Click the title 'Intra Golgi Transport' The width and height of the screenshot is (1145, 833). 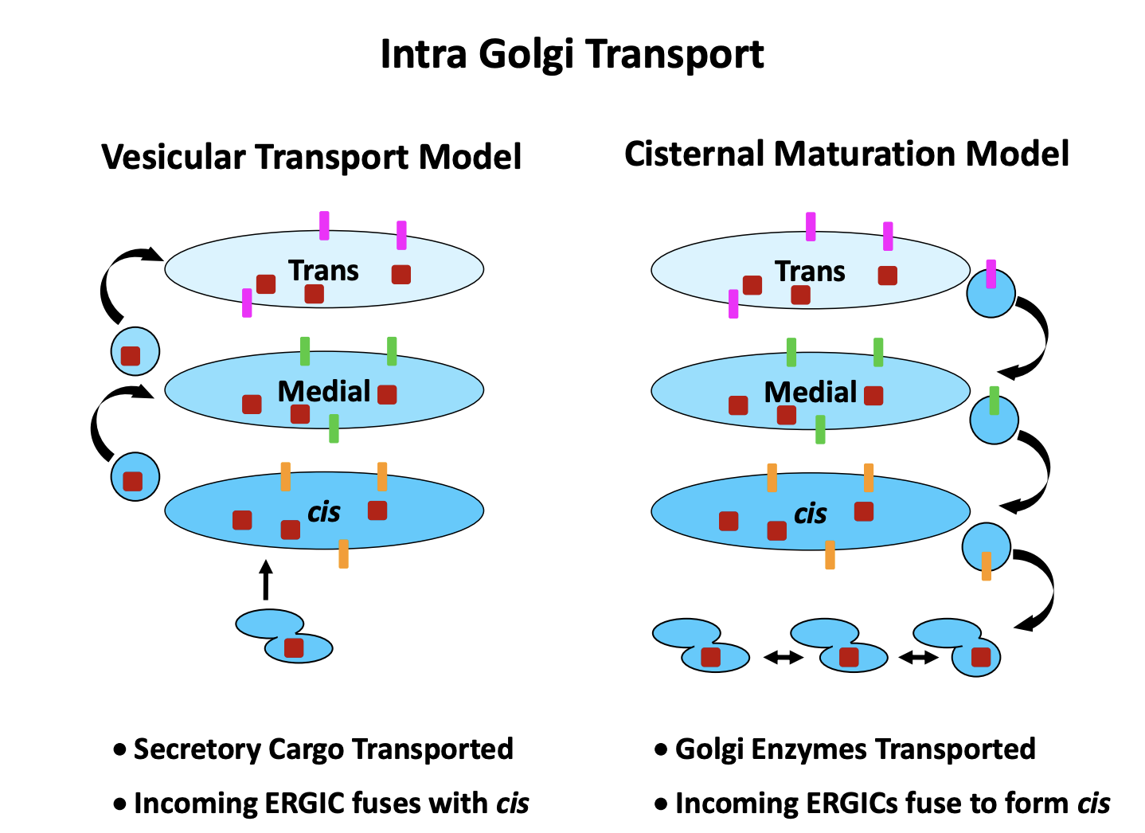click(x=572, y=54)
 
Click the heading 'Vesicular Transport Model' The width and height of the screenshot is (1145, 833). click(x=311, y=157)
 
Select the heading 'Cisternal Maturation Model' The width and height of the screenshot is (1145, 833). click(x=846, y=154)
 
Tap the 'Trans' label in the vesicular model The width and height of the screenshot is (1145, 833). click(x=323, y=271)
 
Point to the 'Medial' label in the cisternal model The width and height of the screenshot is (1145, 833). click(x=810, y=392)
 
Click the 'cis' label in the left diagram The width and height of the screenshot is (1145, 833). click(x=324, y=512)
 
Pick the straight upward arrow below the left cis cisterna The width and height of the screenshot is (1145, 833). click(x=266, y=580)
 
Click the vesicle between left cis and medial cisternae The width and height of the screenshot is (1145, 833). click(x=136, y=477)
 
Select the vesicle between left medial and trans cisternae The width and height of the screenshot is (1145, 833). click(x=135, y=351)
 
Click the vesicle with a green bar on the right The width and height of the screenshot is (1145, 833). click(x=994, y=420)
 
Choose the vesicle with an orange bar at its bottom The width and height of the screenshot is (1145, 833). click(x=986, y=548)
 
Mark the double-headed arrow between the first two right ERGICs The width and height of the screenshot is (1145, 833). click(x=783, y=657)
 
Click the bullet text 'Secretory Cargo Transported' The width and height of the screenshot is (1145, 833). click(x=322, y=749)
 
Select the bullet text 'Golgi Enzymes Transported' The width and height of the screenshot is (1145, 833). click(x=854, y=749)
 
